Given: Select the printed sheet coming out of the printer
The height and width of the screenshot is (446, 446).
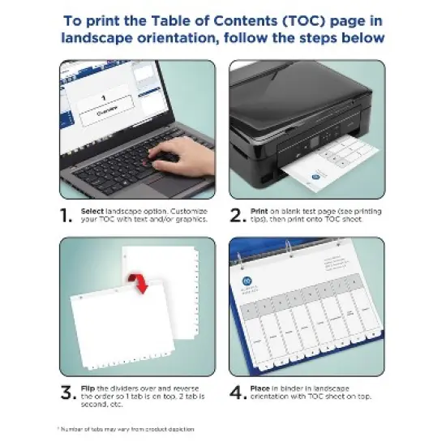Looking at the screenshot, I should pyautogui.click(x=324, y=166).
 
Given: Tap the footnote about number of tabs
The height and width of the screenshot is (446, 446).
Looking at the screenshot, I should pyautogui.click(x=126, y=428).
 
